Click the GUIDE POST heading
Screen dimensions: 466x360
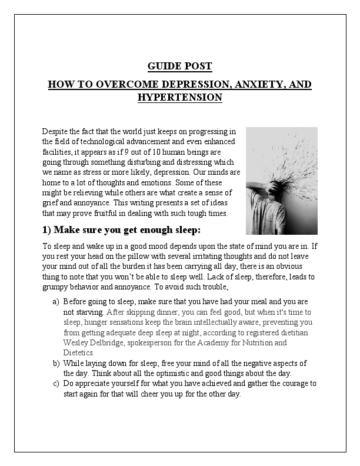[179, 66]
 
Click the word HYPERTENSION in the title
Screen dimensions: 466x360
[179, 97]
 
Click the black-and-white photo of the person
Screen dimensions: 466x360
[281, 181]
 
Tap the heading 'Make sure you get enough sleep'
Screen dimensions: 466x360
[129, 229]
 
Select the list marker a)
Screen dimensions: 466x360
[56, 301]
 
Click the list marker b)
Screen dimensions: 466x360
[56, 364]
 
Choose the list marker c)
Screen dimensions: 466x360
[56, 384]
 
